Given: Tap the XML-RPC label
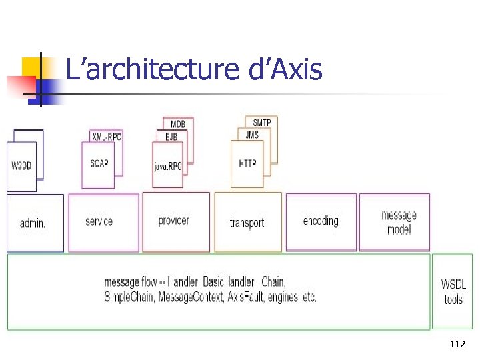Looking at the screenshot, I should click(107, 136).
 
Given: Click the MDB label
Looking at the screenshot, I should click(178, 124).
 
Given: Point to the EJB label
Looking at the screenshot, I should click(172, 136).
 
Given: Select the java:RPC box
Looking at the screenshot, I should click(168, 166).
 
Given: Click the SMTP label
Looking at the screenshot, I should click(262, 123).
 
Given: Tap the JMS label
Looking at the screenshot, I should click(252, 135).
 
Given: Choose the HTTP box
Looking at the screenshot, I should click(247, 163).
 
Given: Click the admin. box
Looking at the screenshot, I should click(34, 223).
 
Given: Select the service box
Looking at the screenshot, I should click(100, 222).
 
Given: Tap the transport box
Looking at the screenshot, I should click(247, 223).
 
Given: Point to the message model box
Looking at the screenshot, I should click(399, 223).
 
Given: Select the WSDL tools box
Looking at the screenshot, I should click(453, 292).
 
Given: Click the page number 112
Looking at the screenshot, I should click(457, 345).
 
